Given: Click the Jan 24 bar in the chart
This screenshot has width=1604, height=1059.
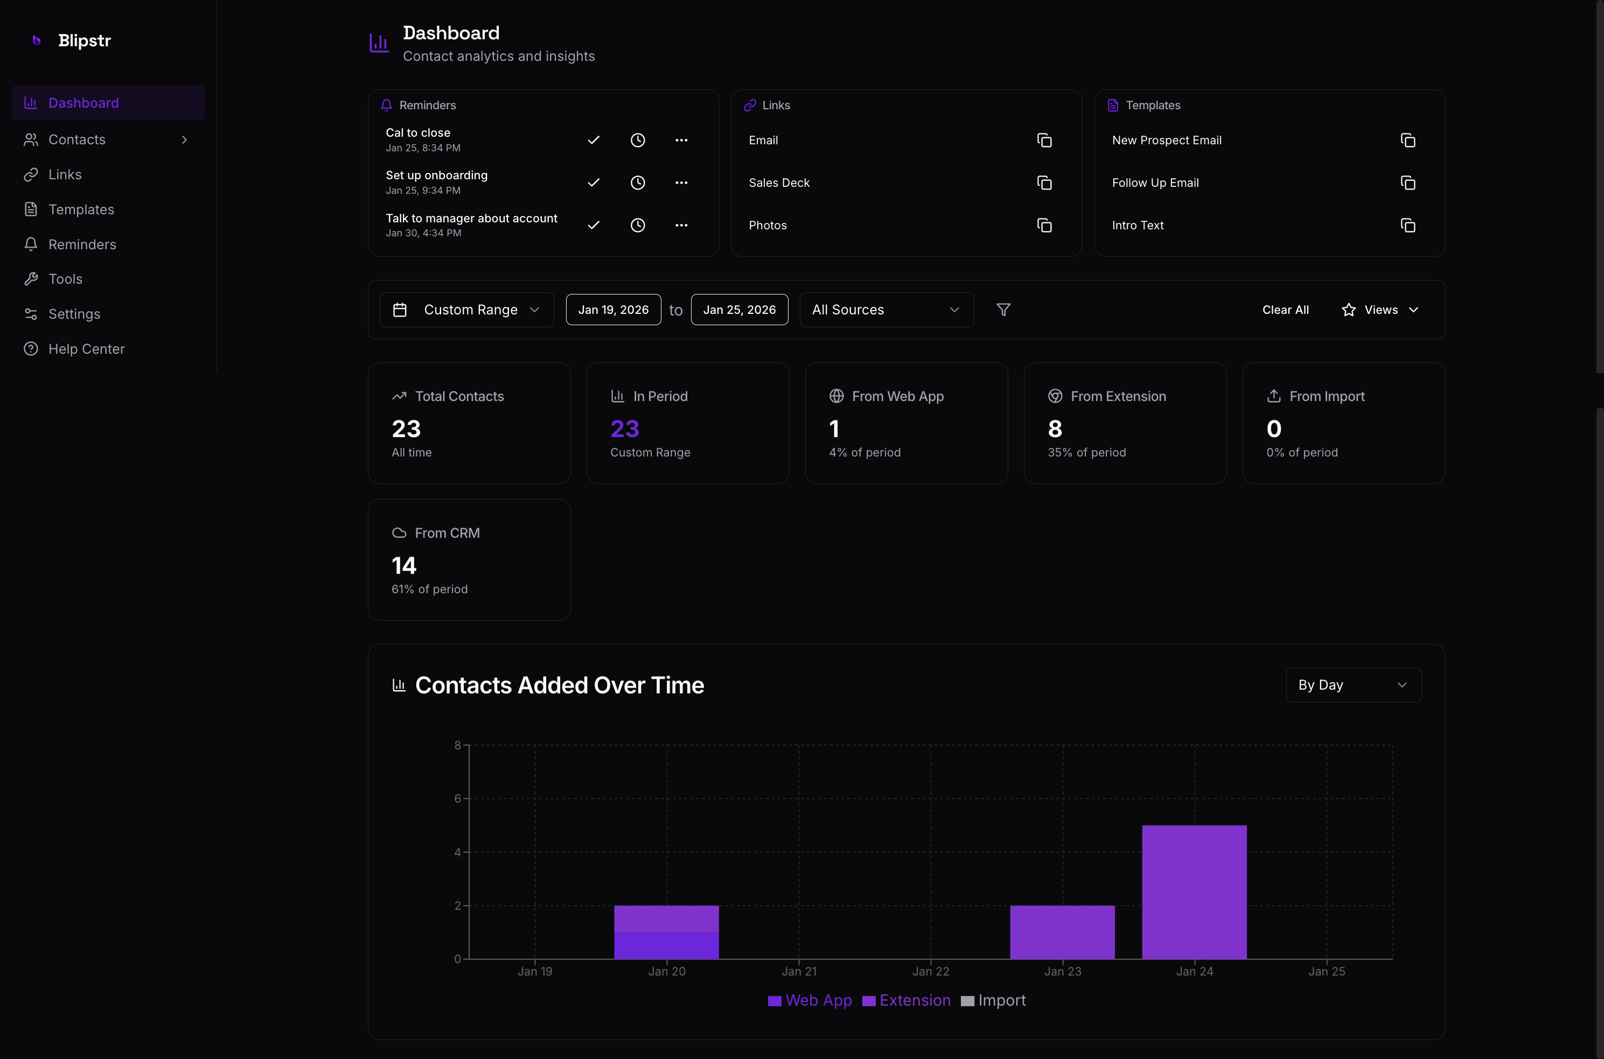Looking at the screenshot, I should (x=1194, y=892).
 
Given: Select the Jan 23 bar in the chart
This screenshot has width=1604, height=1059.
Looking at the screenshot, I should (x=1062, y=932).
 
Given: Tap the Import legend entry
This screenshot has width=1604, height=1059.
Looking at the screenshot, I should (x=993, y=1000).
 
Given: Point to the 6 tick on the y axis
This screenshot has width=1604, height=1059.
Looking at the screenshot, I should (x=457, y=798).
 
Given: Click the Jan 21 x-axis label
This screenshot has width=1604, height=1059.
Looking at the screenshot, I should (x=799, y=971).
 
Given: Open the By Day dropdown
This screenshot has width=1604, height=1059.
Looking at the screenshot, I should (x=1352, y=685).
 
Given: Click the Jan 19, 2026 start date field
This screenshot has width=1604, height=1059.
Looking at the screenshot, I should (x=613, y=310).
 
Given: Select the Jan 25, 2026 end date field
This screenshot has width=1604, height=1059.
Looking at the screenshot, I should (x=739, y=310).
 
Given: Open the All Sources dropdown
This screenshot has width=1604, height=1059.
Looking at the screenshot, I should (x=886, y=310).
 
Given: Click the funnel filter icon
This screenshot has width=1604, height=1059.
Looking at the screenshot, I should (x=1003, y=310).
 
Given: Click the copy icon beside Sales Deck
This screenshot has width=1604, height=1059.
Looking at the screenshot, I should (x=1044, y=183).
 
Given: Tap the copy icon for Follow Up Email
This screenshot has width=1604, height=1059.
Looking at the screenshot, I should (x=1407, y=183).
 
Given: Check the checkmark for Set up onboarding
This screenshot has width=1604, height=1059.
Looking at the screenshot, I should (x=593, y=183).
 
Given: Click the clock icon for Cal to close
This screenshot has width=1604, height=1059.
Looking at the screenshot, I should (x=637, y=140).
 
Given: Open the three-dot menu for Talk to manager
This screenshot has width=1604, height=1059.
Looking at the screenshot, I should (x=681, y=225).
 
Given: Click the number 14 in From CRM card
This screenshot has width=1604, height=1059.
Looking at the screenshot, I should (x=404, y=565).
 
